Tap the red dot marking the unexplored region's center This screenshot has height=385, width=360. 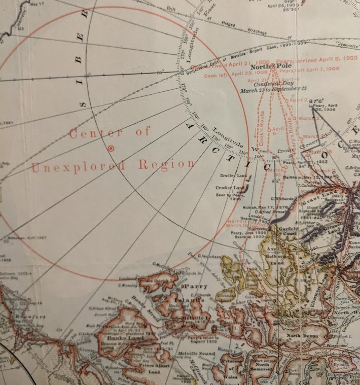pos(111,148)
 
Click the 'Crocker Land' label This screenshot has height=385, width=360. pos(230,188)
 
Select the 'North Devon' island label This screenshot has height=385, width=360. pos(301,336)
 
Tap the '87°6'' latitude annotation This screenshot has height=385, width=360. pos(316,100)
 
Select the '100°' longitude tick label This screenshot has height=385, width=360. pos(260,157)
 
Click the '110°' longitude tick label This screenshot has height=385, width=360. pos(242,152)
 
